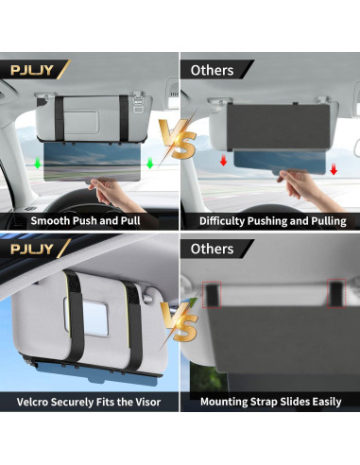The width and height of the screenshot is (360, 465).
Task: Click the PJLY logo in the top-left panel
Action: tap(31, 69)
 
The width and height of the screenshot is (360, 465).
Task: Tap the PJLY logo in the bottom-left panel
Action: tap(31, 249)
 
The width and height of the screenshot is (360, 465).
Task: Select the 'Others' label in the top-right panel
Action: tap(213, 69)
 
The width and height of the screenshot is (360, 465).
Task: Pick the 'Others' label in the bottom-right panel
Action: tap(213, 249)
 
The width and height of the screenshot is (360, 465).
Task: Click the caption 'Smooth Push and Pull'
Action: tap(90, 221)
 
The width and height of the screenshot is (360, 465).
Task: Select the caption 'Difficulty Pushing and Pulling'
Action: tap(272, 221)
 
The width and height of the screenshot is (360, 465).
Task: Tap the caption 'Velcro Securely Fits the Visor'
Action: tap(90, 402)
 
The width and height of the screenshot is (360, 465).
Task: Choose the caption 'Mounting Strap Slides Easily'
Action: tap(272, 402)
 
